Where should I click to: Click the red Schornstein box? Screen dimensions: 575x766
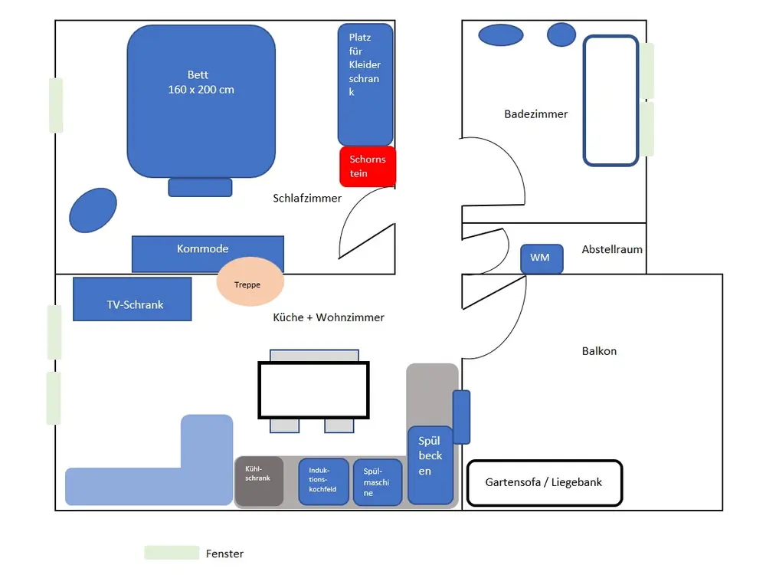point(368,166)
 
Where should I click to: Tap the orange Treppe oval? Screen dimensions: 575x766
point(250,284)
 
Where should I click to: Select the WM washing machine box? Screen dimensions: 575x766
point(542,258)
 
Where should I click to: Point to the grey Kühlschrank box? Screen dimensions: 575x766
point(258,481)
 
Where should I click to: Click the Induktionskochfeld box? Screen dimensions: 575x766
point(323,481)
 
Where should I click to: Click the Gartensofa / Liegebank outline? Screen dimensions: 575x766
point(544,483)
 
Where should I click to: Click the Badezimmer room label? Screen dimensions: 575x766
point(536,114)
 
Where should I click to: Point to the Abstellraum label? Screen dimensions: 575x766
point(612,249)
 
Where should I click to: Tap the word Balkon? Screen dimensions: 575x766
point(599,351)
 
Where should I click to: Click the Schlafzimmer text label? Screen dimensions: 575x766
point(307,198)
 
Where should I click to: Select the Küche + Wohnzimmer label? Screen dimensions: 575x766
point(329,317)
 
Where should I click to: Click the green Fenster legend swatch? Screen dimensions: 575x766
point(172,553)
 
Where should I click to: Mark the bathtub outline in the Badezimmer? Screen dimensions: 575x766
point(611,100)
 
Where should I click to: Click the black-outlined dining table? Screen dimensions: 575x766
point(313,389)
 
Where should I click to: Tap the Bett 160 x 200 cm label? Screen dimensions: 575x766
point(201,82)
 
